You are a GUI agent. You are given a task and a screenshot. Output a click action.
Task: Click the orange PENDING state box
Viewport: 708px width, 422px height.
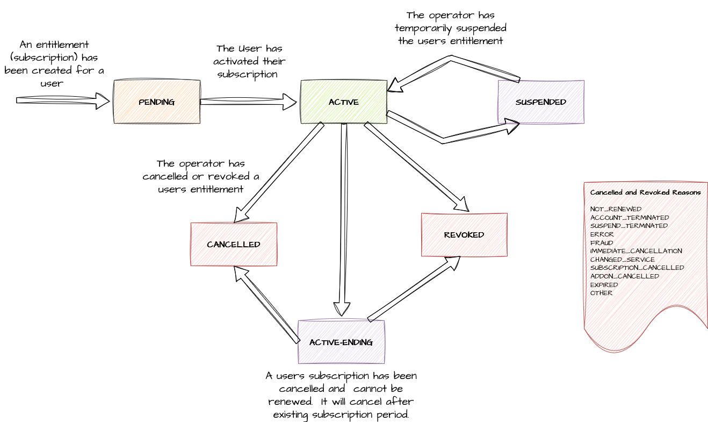[x=157, y=102]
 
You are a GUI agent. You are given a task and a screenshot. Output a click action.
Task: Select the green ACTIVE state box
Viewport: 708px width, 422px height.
[x=344, y=102]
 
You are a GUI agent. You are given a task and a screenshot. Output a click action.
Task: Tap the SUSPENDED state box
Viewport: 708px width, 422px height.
[x=541, y=102]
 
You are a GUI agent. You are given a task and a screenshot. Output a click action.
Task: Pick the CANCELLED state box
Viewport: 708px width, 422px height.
[x=234, y=245]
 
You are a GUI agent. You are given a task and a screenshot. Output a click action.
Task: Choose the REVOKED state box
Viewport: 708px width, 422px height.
[x=464, y=235]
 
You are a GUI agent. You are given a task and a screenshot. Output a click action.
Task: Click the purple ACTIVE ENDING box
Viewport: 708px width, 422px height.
[x=341, y=342]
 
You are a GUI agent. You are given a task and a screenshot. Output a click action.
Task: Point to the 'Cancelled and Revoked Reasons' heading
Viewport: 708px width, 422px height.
[x=645, y=192]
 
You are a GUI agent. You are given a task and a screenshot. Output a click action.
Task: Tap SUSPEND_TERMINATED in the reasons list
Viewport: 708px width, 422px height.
[x=628, y=226]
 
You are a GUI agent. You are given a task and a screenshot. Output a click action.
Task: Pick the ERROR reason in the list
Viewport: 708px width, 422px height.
[x=602, y=234]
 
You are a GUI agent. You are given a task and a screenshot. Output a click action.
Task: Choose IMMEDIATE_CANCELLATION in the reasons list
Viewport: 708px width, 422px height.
[x=636, y=251]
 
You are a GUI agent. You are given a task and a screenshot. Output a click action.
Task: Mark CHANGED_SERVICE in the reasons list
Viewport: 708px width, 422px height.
[x=623, y=260]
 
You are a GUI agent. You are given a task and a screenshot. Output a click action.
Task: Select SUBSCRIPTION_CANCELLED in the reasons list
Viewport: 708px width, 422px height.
[x=637, y=268]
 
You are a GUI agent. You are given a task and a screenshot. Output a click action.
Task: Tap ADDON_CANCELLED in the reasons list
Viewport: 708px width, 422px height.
[x=625, y=276]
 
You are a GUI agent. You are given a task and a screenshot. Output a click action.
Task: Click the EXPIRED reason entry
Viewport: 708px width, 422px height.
[x=604, y=285]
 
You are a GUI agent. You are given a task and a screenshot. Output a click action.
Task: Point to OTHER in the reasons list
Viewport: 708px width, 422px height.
[x=601, y=294]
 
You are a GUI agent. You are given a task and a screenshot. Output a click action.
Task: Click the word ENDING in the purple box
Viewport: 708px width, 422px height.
[x=357, y=342]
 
